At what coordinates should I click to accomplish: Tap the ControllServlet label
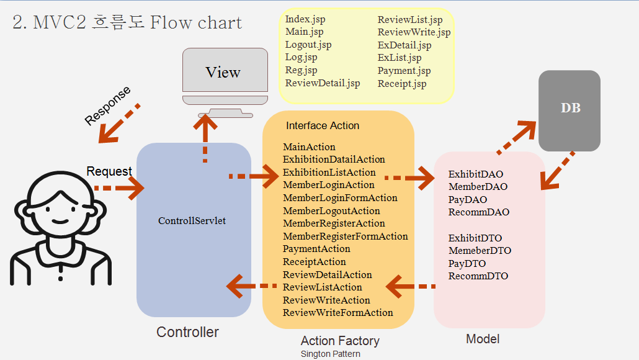coord(192,220)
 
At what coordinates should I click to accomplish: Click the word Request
coord(109,171)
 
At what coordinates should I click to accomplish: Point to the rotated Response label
coord(108,106)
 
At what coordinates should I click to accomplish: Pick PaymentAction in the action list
coord(316,249)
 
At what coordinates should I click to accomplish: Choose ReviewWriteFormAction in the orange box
coord(337,313)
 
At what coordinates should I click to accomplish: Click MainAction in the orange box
coord(309,147)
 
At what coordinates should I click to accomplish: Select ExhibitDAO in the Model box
coord(476,174)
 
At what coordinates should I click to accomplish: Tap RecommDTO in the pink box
coord(478,276)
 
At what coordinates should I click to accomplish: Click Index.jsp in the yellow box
coord(305,19)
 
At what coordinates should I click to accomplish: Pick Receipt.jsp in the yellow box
coord(401,84)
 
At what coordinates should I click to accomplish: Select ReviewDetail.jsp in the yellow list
coord(322,83)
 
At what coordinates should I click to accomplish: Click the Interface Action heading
coord(323,125)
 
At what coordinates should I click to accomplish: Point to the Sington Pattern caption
coord(330,354)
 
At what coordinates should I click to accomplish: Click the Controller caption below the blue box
coord(187,332)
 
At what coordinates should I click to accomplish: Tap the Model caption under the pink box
coord(482,339)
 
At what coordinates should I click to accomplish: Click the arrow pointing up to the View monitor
coord(205,137)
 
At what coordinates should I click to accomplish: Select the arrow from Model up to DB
coord(516,137)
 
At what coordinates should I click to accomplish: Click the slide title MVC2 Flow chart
coord(127,23)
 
